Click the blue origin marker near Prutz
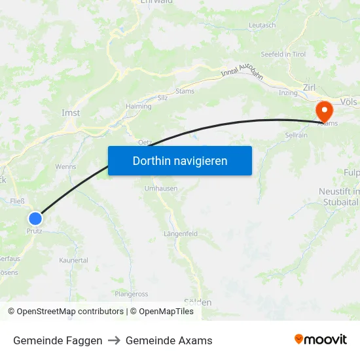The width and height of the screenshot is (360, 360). click(35, 219)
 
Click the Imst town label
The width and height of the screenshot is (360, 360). click(70, 113)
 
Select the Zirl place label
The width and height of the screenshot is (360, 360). click(310, 87)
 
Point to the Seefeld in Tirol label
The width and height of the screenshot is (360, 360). click(283, 54)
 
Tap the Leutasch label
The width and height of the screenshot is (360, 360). click(262, 26)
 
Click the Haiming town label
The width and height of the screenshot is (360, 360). click(139, 105)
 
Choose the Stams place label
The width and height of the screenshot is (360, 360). click(185, 91)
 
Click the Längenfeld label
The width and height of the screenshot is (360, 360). click(180, 233)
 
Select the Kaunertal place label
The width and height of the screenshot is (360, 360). click(73, 260)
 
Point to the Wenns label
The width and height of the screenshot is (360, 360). click(65, 166)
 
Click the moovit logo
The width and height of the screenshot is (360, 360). click(321, 339)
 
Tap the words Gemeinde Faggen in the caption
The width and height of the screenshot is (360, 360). click(58, 340)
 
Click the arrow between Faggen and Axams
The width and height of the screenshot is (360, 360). click(114, 340)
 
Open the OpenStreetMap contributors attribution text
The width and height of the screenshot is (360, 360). click(69, 312)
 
